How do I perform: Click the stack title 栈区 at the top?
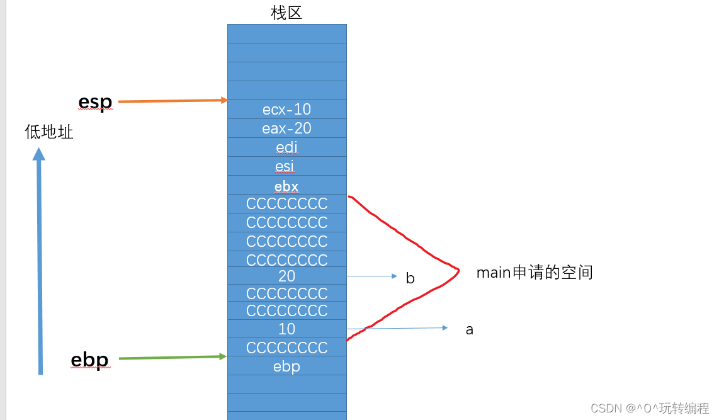(286, 13)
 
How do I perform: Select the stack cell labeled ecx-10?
(286, 110)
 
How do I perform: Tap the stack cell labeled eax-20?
(286, 128)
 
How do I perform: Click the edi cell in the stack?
(286, 147)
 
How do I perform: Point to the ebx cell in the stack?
(286, 186)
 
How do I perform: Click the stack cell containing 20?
(286, 276)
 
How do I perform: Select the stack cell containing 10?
(286, 329)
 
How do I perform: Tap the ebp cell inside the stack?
(286, 366)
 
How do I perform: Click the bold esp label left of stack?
(95, 101)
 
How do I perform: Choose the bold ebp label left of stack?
(89, 360)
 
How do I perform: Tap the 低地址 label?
(49, 132)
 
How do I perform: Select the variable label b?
(410, 278)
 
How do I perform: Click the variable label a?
(469, 329)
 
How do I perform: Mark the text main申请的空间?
(535, 273)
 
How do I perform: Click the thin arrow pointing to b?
(371, 276)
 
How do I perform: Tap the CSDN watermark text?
(650, 408)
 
